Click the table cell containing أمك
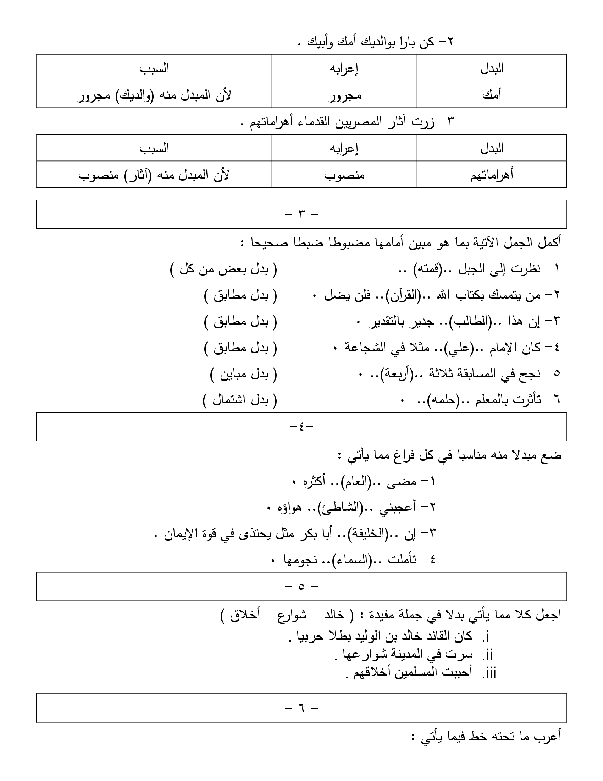[491, 94]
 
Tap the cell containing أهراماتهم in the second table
[491, 175]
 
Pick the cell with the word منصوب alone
[344, 175]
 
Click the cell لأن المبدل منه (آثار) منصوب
[154, 175]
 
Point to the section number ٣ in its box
[301, 214]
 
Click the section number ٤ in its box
[301, 427]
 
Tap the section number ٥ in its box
[301, 586]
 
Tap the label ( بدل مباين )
[243, 375]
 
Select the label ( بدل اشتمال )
[240, 400]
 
